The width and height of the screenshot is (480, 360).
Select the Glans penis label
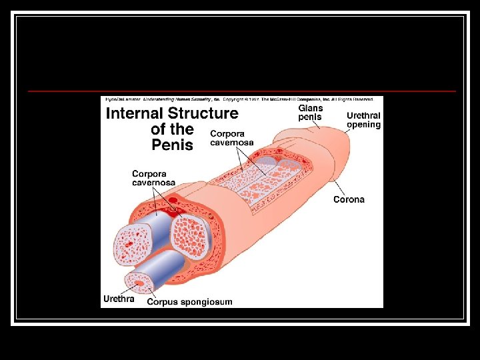pyautogui.click(x=310, y=113)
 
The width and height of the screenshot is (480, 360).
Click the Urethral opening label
pyautogui.click(x=363, y=120)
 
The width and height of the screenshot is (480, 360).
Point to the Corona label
pyautogui.click(x=349, y=199)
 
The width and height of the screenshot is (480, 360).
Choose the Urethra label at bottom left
pyautogui.click(x=119, y=299)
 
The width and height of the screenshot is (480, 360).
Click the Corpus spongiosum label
pyautogui.click(x=189, y=302)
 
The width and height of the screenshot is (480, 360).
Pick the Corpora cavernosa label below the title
pyautogui.click(x=153, y=178)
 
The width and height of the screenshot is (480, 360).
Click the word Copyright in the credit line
pyautogui.click(x=234, y=99)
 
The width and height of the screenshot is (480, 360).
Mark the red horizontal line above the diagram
pyautogui.click(x=240, y=91)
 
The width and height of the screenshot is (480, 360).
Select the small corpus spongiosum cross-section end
pyautogui.click(x=141, y=284)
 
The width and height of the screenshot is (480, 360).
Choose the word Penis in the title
pyautogui.click(x=172, y=145)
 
